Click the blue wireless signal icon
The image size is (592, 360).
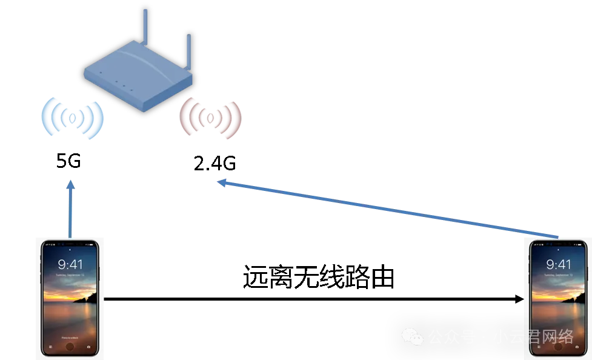pyautogui.click(x=72, y=118)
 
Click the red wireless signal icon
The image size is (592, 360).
pyautogui.click(x=210, y=118)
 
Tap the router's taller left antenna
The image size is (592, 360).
pyautogui.click(x=145, y=27)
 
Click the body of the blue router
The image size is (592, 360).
pyautogui.click(x=136, y=79)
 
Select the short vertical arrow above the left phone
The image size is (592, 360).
pyautogui.click(x=72, y=209)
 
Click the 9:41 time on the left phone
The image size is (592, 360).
pyautogui.click(x=70, y=264)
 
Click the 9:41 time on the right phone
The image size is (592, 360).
pyautogui.click(x=559, y=264)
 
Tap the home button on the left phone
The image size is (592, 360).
pyautogui.click(x=70, y=347)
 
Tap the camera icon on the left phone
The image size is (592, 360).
pyautogui.click(x=90, y=347)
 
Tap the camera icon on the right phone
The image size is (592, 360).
pyautogui.click(x=577, y=347)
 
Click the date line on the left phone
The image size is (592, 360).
pyautogui.click(x=70, y=275)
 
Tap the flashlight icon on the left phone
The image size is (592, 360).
pyautogui.click(x=51, y=347)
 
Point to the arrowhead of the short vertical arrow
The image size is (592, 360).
pyautogui.click(x=72, y=184)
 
